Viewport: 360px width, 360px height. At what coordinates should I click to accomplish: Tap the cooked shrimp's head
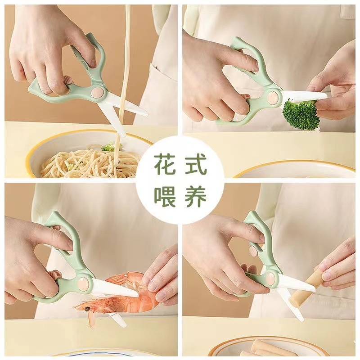click(92, 306)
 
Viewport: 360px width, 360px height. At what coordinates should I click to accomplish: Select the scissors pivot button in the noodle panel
click(96, 93)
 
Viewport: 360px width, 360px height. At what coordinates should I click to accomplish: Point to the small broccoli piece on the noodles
click(108, 148)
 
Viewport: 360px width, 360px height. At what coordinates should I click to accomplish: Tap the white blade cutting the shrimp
click(115, 288)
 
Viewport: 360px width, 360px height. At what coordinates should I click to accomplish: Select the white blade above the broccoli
click(304, 95)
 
